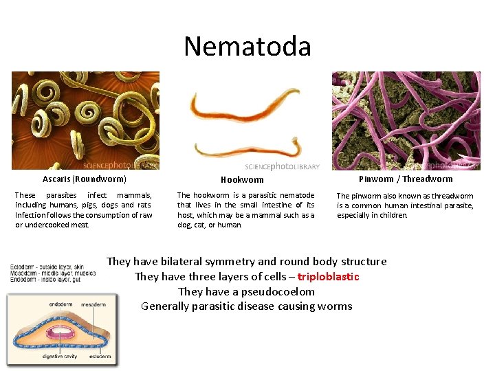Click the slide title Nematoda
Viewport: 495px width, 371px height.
click(247, 47)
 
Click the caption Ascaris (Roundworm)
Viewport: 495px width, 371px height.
click(85, 179)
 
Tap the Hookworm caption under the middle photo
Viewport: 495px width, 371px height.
click(242, 180)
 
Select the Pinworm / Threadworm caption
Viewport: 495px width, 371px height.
click(406, 179)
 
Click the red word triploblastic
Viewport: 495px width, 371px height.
click(328, 276)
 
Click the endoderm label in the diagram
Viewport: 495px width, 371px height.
click(61, 304)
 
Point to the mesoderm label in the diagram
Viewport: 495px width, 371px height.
click(93, 304)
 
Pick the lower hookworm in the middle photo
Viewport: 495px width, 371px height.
click(247, 146)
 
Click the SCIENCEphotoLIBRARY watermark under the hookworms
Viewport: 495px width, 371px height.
click(282, 166)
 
